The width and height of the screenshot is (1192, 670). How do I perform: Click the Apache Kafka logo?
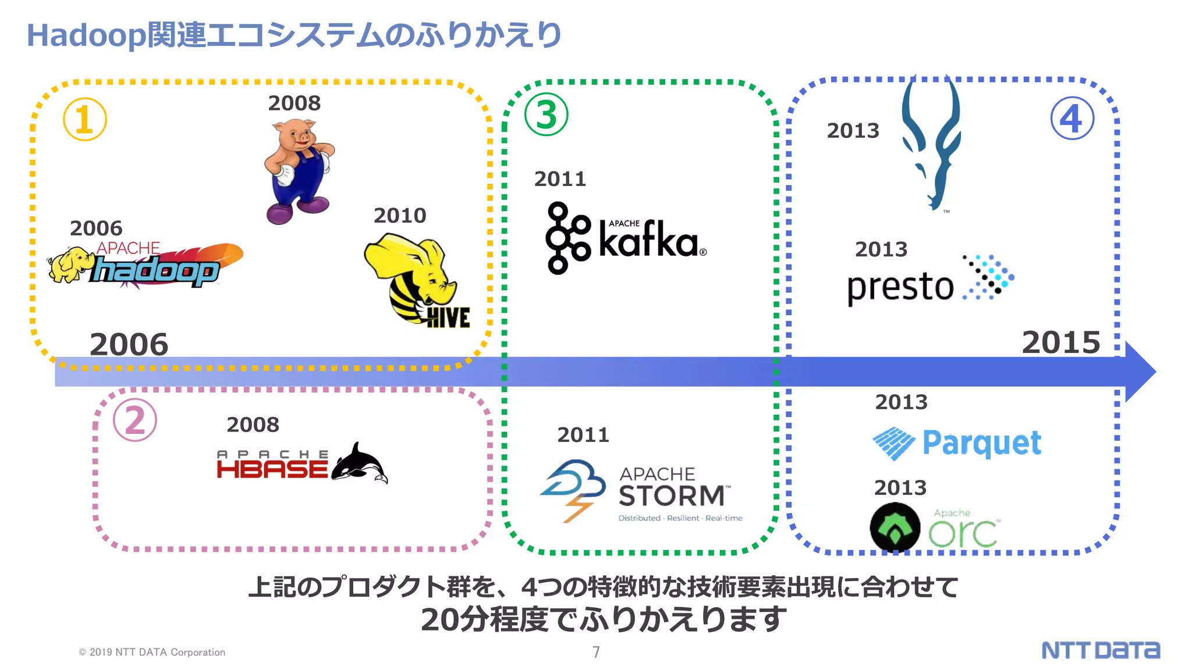point(626,238)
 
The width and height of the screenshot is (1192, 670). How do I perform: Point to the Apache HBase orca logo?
point(302,464)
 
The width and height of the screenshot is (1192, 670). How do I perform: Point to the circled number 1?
point(85,119)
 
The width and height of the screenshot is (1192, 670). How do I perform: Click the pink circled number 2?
point(134,420)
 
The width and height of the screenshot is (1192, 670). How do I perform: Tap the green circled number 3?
point(546,115)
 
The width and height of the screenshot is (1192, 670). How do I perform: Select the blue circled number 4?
point(1072,118)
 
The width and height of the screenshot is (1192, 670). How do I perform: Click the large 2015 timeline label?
point(1061,342)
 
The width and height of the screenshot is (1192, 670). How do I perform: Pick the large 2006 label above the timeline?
point(129,344)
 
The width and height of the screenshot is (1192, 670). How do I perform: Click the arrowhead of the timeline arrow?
point(1140,372)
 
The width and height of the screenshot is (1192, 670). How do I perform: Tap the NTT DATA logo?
point(1100,650)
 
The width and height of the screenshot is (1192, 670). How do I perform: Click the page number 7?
point(596,652)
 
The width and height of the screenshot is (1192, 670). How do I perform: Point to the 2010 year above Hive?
point(400,216)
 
